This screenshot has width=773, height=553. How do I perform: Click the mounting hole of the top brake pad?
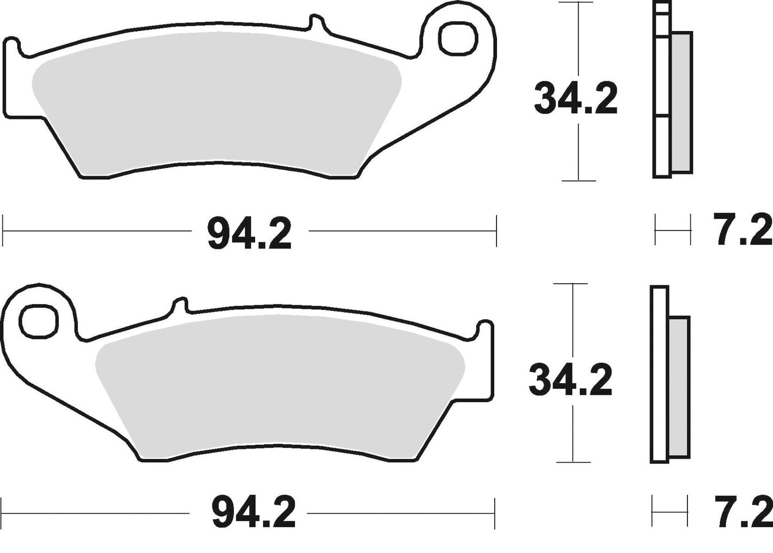(x=458, y=39)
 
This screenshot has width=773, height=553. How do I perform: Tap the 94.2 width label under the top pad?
(x=249, y=234)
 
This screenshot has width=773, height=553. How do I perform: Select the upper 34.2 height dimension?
(x=576, y=99)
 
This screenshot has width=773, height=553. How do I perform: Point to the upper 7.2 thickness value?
(x=744, y=230)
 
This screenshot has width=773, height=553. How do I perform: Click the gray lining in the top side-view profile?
(x=682, y=102)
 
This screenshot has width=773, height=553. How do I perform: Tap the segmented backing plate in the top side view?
(x=662, y=91)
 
